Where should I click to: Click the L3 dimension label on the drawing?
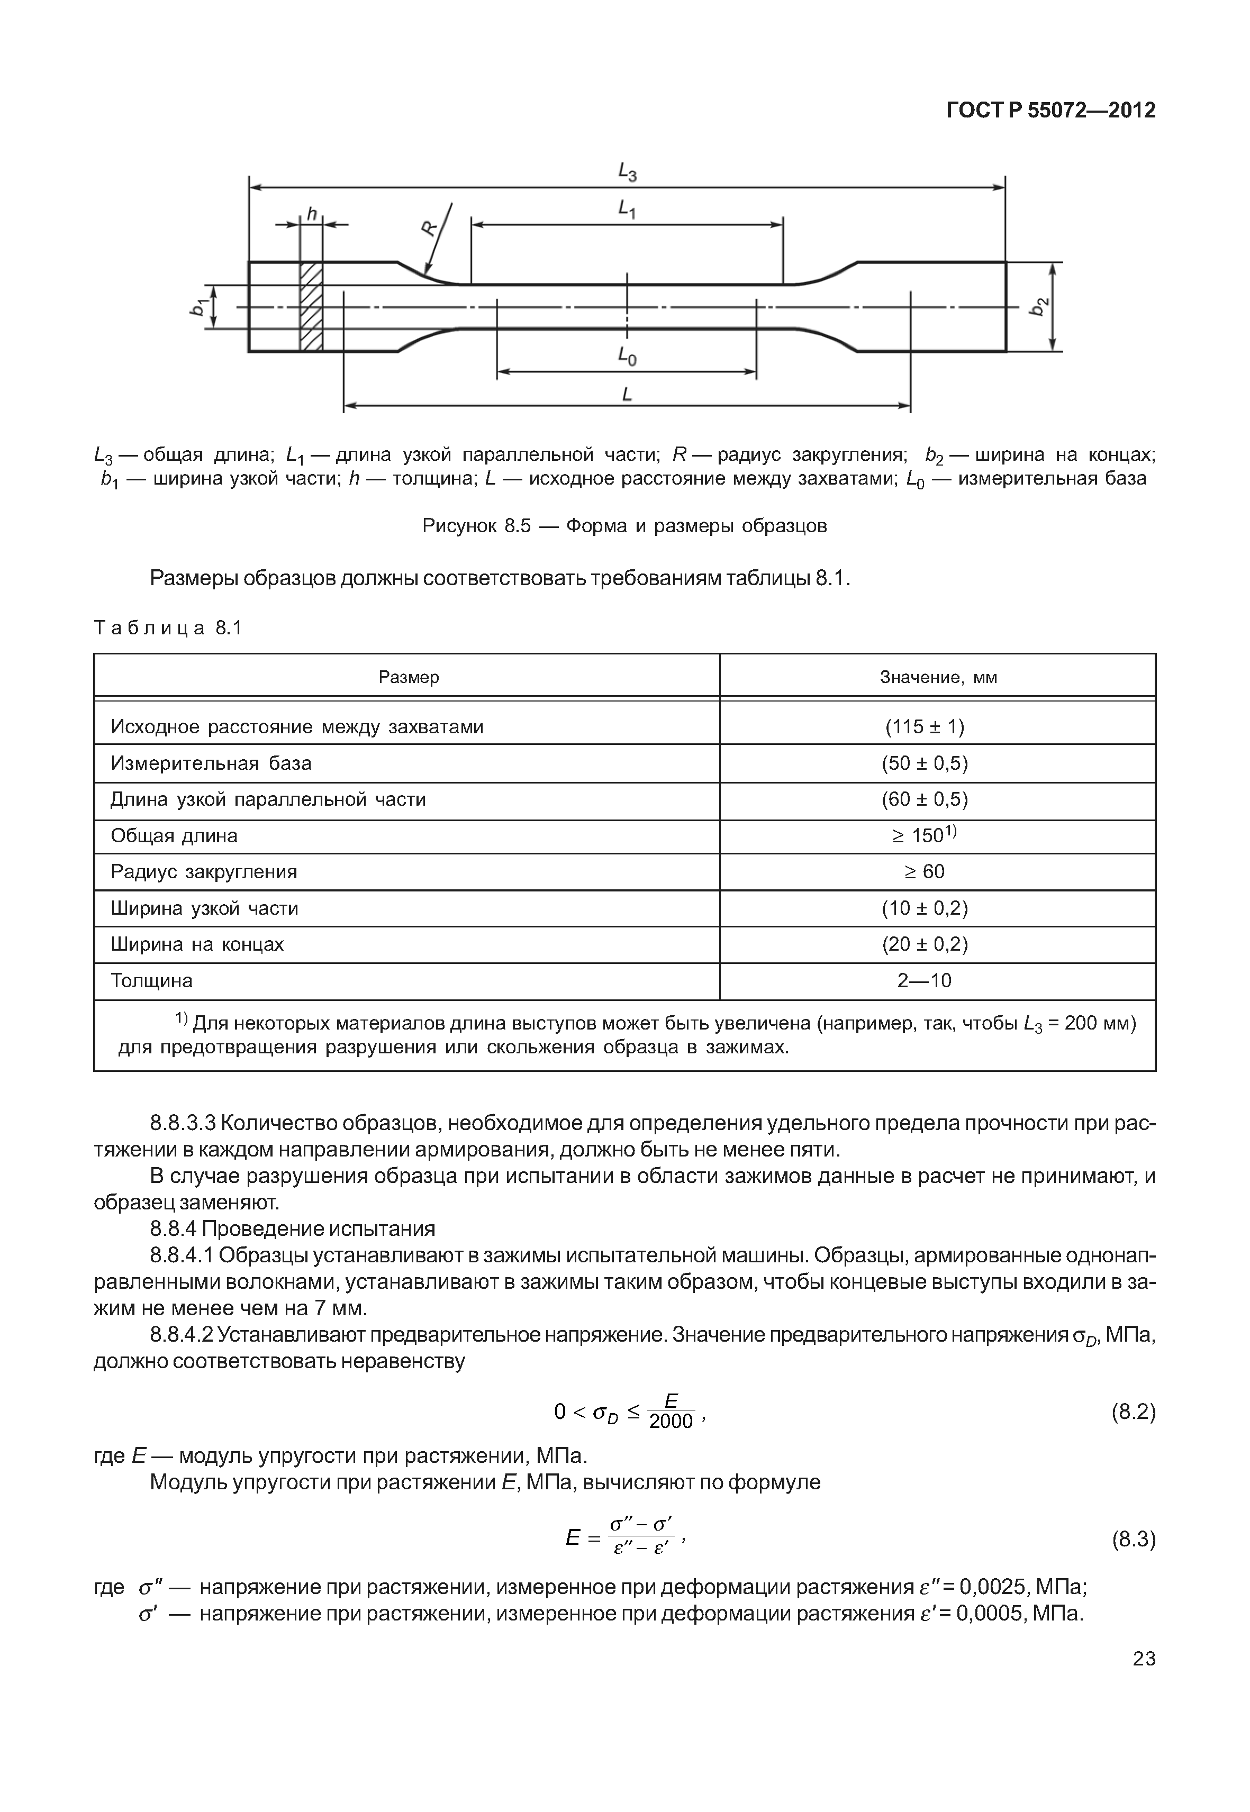(x=627, y=171)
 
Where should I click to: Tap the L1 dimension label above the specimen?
(x=627, y=209)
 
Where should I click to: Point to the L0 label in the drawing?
(x=627, y=357)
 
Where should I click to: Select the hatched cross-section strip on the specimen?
(x=311, y=306)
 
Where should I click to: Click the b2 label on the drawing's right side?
(x=1038, y=306)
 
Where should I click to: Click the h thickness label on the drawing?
(x=311, y=213)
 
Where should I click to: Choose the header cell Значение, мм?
(x=938, y=677)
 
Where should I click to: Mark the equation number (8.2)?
(x=1133, y=1412)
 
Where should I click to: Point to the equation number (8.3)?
(x=1133, y=1540)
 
